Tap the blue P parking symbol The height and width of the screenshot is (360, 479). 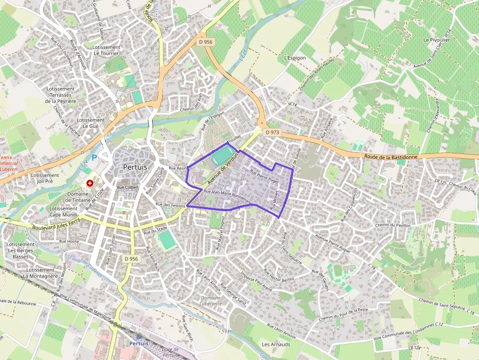click(x=94, y=159)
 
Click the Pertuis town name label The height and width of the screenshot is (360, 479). click(x=135, y=167)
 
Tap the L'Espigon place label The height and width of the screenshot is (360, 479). click(x=295, y=58)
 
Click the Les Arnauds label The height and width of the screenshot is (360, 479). click(x=276, y=344)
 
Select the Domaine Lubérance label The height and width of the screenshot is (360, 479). click(x=211, y=300)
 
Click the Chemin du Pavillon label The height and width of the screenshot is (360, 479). click(x=392, y=225)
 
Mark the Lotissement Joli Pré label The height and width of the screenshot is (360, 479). click(x=45, y=178)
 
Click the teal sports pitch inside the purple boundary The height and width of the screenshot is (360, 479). click(x=222, y=157)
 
